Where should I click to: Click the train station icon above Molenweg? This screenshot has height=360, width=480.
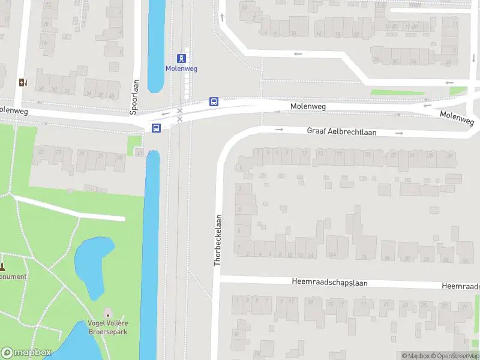tap(181, 58)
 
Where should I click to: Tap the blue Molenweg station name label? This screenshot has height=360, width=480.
tap(181, 68)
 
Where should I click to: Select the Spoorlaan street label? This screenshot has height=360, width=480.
tap(134, 97)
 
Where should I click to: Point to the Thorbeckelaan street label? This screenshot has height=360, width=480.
tap(218, 240)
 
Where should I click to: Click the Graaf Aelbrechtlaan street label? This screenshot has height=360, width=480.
tap(341, 131)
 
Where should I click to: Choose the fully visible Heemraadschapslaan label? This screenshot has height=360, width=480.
tap(329, 281)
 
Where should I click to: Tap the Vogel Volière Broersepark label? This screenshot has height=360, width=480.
tap(108, 327)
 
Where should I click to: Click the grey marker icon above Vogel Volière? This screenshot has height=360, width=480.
tap(108, 314)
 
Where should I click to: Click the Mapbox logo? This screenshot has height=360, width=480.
tap(26, 353)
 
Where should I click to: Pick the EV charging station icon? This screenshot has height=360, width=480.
tap(23, 82)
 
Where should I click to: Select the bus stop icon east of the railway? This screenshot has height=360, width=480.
tap(214, 101)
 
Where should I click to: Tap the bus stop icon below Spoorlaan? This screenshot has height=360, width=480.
tap(156, 128)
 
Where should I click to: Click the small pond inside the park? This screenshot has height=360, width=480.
tap(94, 264)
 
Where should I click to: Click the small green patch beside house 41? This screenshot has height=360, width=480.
tap(134, 142)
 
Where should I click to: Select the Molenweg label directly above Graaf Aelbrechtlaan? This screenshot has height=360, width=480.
tap(308, 106)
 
